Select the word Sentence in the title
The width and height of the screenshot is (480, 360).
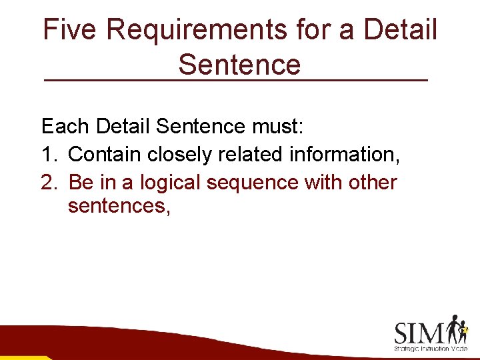239,65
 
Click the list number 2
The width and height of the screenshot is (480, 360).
49,182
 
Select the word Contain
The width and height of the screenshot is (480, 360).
105,154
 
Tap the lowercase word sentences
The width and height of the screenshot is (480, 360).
119,207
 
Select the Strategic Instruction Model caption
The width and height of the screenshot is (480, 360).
431,349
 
